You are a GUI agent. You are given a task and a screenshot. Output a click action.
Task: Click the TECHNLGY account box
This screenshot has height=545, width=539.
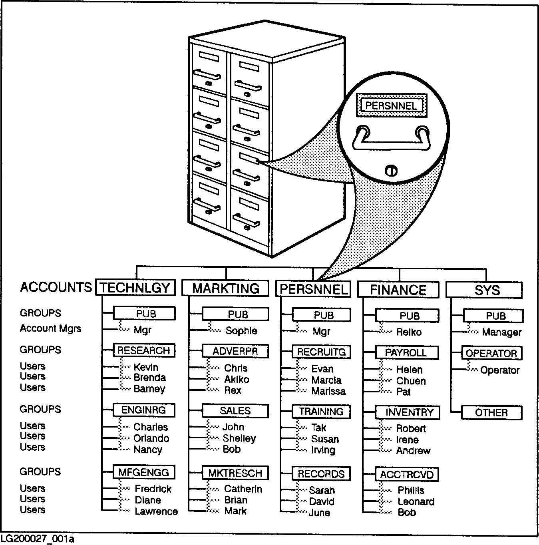click(135, 288)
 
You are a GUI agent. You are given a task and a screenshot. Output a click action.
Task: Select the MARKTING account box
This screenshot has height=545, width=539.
click(226, 288)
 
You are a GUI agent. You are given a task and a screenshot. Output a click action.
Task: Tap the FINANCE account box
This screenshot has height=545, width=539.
click(398, 290)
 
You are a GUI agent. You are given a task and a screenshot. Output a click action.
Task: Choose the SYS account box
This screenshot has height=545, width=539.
click(484, 290)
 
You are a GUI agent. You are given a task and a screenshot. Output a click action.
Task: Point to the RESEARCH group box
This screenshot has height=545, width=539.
click(144, 350)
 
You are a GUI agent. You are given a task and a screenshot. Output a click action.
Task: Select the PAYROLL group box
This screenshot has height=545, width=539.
click(406, 353)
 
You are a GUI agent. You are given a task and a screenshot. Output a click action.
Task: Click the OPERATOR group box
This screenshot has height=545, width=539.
click(491, 354)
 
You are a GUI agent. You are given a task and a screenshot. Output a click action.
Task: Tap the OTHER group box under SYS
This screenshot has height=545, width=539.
click(491, 413)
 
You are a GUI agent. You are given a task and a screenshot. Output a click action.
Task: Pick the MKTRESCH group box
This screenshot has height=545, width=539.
click(235, 473)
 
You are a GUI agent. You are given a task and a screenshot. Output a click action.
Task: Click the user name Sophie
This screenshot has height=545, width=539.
click(241, 331)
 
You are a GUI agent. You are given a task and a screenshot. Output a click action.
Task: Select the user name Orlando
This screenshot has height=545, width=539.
click(151, 438)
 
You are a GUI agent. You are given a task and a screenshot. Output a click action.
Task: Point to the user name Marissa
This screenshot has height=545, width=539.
click(328, 391)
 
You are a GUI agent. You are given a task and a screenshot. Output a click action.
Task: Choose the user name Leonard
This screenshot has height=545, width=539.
click(416, 502)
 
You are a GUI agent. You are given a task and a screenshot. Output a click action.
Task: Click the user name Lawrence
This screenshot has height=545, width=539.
click(156, 511)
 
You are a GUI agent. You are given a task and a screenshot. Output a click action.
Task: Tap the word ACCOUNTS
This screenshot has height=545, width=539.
click(56, 287)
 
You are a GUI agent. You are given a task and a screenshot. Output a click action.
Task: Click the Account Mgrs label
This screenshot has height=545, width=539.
click(50, 329)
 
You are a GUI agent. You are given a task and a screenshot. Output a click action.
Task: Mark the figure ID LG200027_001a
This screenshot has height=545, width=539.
click(37, 539)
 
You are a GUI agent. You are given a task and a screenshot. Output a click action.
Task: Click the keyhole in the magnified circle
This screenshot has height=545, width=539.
click(391, 171)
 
